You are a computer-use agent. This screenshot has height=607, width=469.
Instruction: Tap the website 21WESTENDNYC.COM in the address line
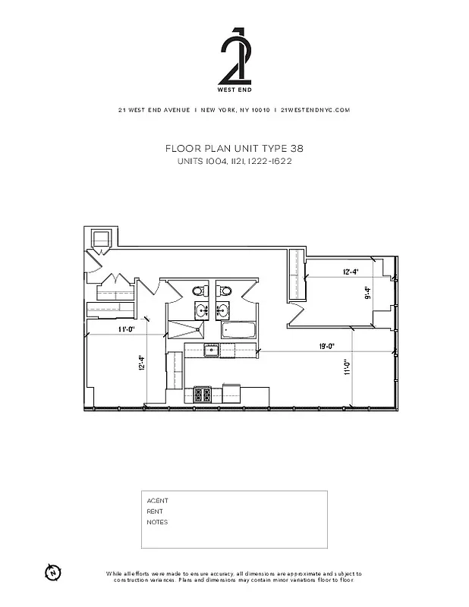[x=315, y=111]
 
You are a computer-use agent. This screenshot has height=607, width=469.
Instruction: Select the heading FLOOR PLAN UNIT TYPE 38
[x=234, y=149]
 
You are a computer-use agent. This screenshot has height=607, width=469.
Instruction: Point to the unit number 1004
[x=207, y=162]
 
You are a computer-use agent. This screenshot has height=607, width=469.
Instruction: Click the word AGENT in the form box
[x=158, y=501]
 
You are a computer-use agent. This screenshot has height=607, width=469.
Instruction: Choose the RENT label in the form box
[x=155, y=511]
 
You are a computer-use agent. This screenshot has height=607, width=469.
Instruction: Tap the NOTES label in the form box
[x=157, y=522]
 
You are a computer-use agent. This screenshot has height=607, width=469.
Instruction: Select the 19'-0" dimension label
[x=327, y=346]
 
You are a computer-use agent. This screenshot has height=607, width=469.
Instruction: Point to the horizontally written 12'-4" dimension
[x=351, y=272]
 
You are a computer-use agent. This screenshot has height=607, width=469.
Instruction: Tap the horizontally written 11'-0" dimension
[x=127, y=329]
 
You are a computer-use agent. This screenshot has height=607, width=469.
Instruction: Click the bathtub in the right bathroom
[x=238, y=330]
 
